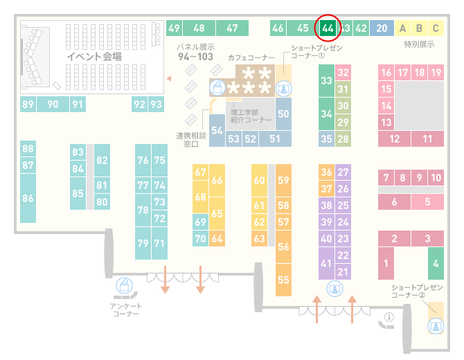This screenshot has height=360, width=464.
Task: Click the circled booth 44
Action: click(328, 28)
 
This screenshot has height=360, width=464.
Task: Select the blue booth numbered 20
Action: click(382, 28)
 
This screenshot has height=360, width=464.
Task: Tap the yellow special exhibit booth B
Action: click(419, 28)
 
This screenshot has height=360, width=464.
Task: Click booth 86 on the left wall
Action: click(28, 198)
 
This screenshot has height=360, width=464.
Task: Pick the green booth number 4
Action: click(436, 263)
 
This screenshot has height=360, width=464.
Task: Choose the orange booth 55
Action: click(283, 280)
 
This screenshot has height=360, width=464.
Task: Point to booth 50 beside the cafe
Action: click(283, 114)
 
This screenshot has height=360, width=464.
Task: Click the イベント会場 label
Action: click(94, 57)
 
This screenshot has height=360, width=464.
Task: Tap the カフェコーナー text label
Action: click(251, 57)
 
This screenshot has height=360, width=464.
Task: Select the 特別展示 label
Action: click(419, 44)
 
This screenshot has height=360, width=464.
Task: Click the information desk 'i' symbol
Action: click(389, 317)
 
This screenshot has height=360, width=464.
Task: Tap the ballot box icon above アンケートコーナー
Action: click(124, 286)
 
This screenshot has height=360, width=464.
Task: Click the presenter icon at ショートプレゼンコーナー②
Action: click(436, 326)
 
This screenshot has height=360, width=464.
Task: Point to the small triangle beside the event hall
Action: click(169, 78)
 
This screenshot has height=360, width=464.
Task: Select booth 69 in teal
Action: click(200, 222)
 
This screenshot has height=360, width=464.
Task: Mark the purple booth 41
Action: click(326, 263)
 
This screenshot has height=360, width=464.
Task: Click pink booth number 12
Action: click(394, 138)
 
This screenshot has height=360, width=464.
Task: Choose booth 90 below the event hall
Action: click(53, 104)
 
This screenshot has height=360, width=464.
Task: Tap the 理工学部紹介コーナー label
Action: click(251, 116)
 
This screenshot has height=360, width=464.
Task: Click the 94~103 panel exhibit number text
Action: click(195, 56)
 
